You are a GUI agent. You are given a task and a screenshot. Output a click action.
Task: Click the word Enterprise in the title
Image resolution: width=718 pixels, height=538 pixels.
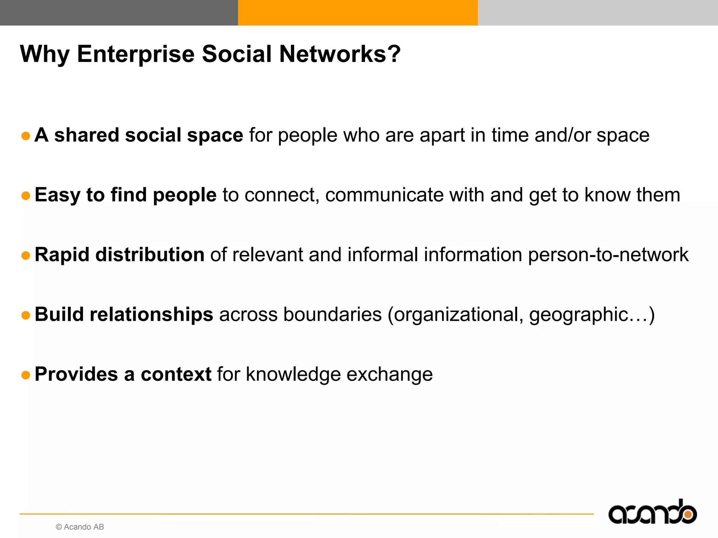(135, 54)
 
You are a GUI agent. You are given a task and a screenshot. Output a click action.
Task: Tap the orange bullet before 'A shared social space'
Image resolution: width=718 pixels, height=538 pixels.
(26, 136)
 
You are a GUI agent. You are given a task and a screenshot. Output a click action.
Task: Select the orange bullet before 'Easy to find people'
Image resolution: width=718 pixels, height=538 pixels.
(26, 195)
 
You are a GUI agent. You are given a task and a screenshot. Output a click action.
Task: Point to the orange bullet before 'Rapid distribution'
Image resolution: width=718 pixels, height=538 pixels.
(26, 255)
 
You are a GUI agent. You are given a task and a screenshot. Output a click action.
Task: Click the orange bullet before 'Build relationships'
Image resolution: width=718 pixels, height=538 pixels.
(26, 315)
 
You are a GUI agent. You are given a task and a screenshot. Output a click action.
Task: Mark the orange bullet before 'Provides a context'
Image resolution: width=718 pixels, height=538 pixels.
(26, 375)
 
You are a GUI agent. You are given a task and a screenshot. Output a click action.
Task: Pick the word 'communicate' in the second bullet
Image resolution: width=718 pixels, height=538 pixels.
(384, 195)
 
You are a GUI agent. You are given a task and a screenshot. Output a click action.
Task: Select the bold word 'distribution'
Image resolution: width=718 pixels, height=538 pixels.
(150, 255)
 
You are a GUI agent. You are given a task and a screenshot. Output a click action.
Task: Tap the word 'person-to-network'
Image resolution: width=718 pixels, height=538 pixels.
(608, 255)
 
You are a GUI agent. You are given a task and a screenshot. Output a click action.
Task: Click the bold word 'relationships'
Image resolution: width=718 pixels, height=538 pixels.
(151, 315)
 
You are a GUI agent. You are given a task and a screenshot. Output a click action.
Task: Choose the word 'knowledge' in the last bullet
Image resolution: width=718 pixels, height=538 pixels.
(293, 374)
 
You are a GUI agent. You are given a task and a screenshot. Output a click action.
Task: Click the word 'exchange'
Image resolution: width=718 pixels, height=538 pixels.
(390, 374)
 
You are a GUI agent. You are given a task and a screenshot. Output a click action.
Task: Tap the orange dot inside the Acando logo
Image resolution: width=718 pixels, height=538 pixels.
(688, 515)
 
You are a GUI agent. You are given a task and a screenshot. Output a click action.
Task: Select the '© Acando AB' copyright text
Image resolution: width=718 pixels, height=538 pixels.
(80, 527)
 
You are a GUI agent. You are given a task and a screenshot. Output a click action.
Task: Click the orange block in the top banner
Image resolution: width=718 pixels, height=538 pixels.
(358, 13)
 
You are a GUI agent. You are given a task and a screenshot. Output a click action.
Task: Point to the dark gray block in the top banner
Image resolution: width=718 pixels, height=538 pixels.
(119, 13)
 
